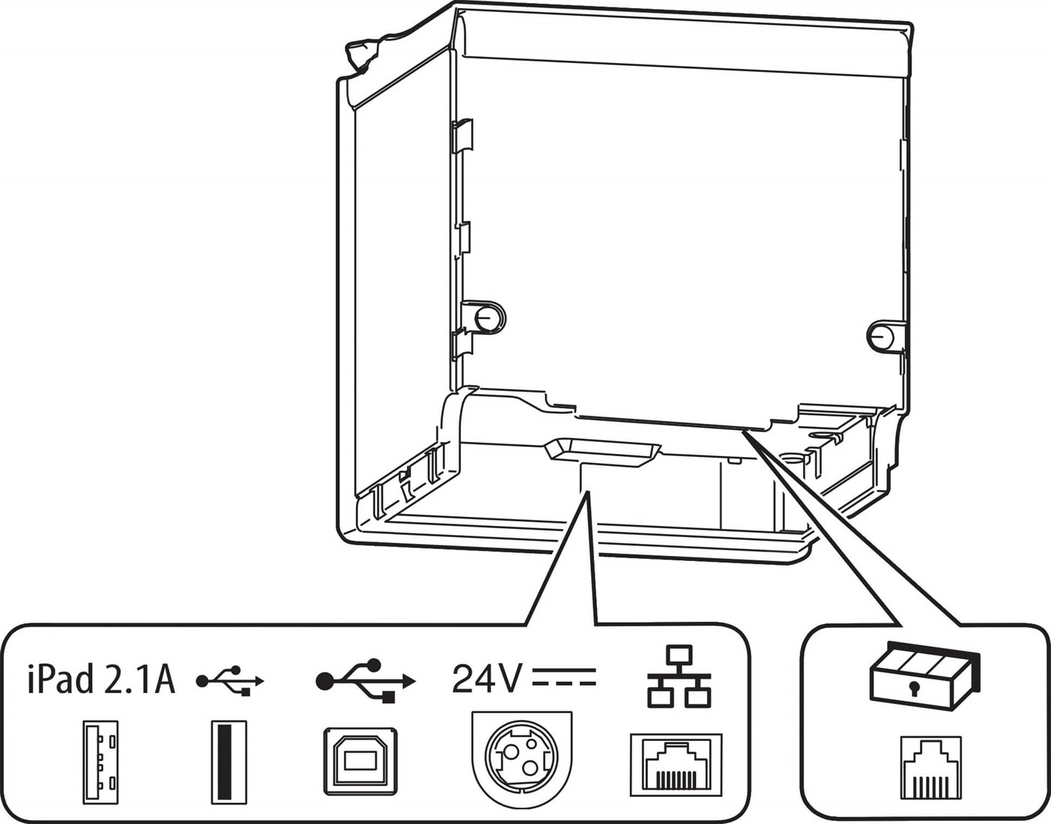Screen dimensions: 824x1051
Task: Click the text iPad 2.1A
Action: click(x=101, y=679)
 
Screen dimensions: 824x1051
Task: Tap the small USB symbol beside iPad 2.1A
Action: click(x=231, y=681)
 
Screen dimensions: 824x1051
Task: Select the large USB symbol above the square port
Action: click(x=365, y=680)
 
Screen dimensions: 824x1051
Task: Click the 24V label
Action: click(x=486, y=679)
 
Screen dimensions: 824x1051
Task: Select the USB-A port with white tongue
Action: click(x=100, y=763)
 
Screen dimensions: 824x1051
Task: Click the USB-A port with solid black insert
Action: click(x=228, y=763)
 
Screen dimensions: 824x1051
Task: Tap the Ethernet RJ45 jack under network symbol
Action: click(x=676, y=765)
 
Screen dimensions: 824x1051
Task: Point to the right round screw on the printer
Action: click(x=882, y=336)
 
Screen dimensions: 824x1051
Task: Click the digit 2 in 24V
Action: click(x=464, y=679)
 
